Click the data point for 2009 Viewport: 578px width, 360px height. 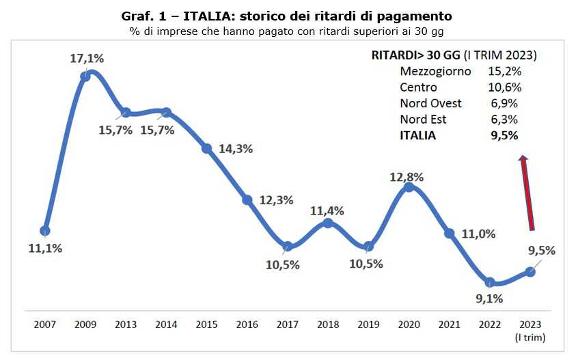point(85,76)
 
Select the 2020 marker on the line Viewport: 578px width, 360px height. point(409,186)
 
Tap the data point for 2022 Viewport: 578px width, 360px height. point(490,281)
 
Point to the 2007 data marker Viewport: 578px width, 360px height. point(45,230)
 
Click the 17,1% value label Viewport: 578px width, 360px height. point(87,59)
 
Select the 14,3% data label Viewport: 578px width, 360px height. point(236,149)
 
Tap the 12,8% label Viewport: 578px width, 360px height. point(407,176)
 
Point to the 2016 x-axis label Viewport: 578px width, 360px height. point(247,325)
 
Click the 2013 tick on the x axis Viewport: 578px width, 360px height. point(126,325)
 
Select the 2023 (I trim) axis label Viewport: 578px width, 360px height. point(530,331)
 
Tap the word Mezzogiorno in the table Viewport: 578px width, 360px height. point(435,71)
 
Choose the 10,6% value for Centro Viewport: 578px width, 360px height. point(505,87)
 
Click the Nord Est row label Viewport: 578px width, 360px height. point(423,120)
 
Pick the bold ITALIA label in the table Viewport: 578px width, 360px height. point(417,135)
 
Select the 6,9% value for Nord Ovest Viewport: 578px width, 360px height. point(504,103)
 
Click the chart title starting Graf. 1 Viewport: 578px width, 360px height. point(286,15)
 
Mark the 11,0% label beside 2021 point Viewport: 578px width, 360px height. point(479,234)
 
